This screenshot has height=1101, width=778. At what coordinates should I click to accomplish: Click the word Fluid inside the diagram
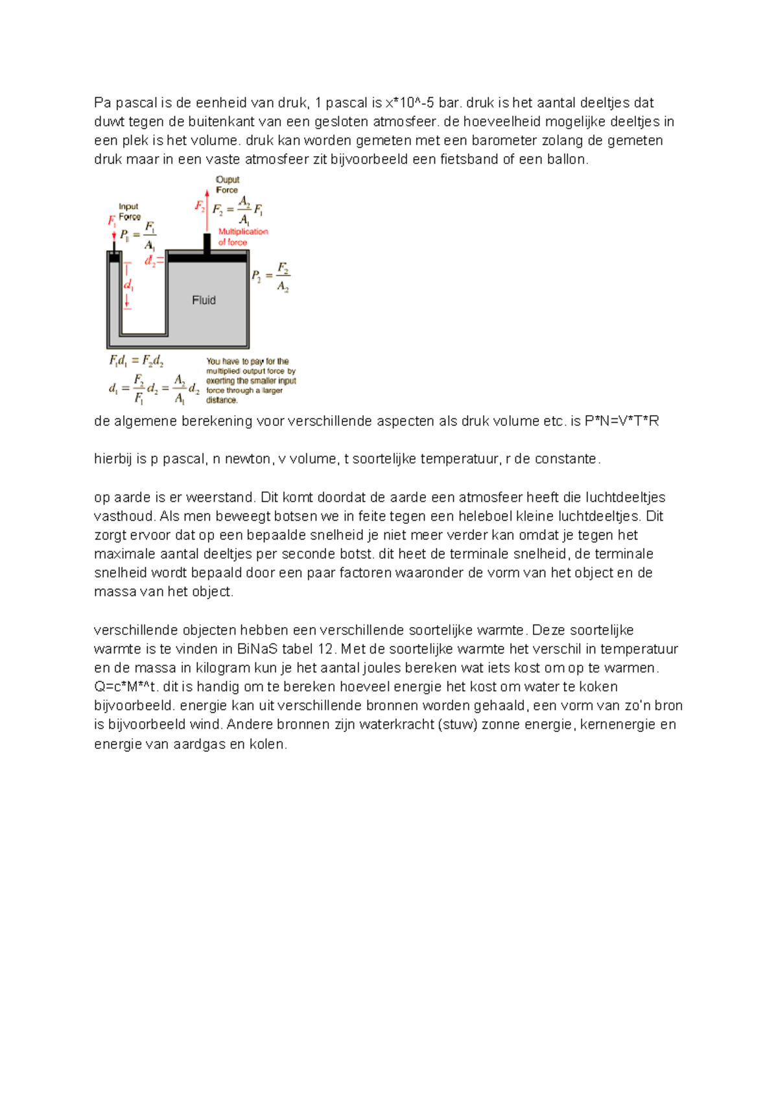click(x=204, y=300)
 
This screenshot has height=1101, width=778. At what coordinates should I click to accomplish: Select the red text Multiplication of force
click(x=242, y=237)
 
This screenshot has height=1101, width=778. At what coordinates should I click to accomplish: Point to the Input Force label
click(x=129, y=211)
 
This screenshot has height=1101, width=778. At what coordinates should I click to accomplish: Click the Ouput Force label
click(x=227, y=185)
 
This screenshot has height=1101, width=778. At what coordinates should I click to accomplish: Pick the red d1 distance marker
click(x=128, y=285)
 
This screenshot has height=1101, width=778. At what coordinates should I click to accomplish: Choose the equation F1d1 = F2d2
click(x=136, y=361)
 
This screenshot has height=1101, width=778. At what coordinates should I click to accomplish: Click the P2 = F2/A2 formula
click(x=270, y=276)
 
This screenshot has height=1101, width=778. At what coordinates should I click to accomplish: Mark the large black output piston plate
click(x=207, y=258)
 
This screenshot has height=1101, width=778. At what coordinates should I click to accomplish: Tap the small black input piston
click(x=114, y=257)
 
